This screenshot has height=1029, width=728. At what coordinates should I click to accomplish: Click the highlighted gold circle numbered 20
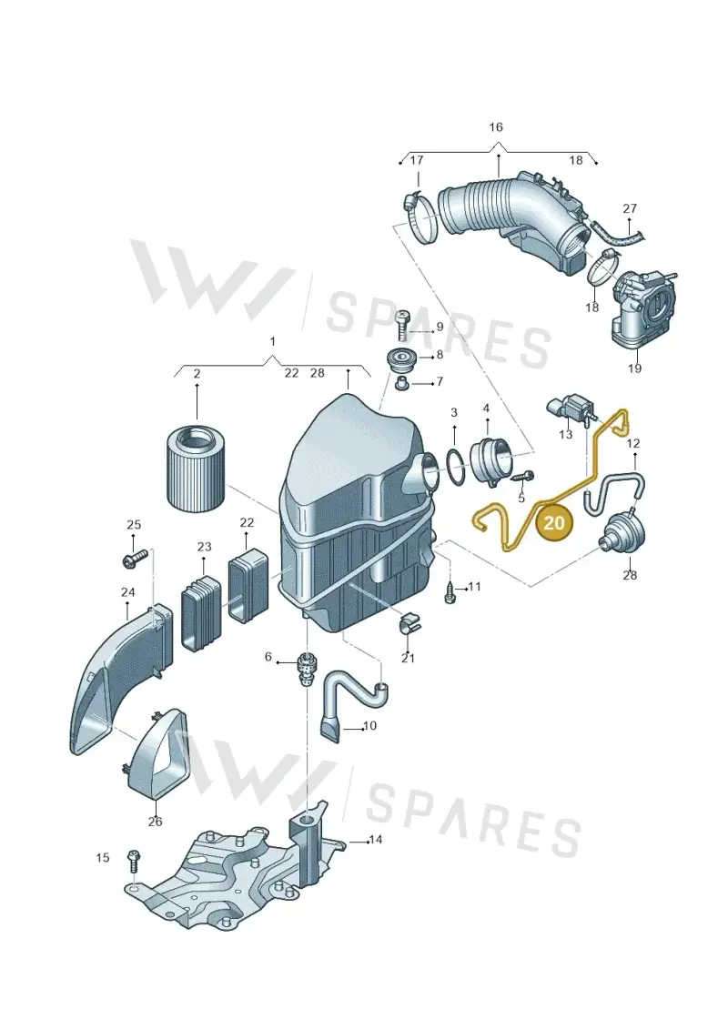[x=554, y=522]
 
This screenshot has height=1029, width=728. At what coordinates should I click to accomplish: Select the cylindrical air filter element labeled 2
[x=197, y=468]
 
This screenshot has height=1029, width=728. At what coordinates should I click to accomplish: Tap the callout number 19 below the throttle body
[x=634, y=368]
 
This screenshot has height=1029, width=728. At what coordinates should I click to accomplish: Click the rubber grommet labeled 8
[x=400, y=363]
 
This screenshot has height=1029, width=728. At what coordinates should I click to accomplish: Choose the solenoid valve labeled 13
[x=569, y=409]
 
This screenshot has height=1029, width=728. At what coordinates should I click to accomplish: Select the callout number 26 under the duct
[x=155, y=821]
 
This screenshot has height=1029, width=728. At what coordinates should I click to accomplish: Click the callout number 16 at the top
[x=496, y=126]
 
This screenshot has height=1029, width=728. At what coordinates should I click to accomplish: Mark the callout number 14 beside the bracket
[x=376, y=840]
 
